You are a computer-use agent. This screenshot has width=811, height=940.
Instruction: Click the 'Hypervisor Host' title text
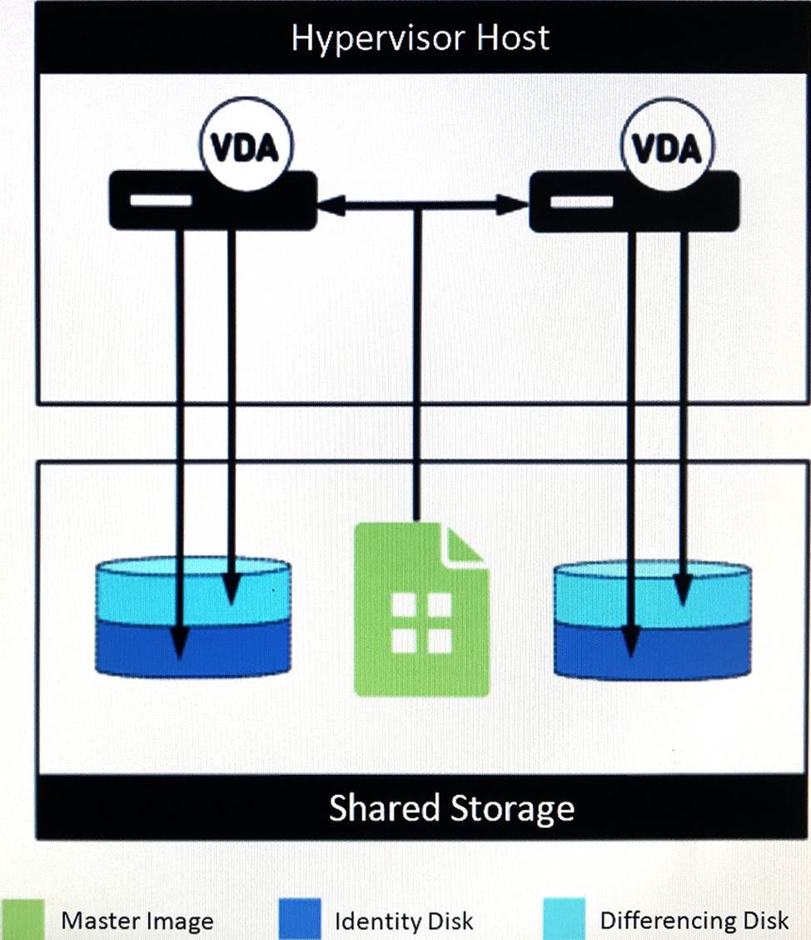[x=420, y=38]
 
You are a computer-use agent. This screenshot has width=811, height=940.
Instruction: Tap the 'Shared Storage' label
[x=452, y=808]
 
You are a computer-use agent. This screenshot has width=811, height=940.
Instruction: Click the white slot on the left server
[x=161, y=200]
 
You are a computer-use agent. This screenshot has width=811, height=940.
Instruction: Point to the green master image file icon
[x=420, y=617]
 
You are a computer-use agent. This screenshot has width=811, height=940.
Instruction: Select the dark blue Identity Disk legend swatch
[x=300, y=918]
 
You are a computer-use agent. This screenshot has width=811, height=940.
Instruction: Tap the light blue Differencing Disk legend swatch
[x=564, y=918]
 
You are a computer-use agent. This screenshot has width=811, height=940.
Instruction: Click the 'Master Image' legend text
[x=137, y=921]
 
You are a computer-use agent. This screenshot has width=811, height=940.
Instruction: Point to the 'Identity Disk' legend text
[x=404, y=921]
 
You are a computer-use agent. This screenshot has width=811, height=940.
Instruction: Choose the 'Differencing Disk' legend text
[x=694, y=920]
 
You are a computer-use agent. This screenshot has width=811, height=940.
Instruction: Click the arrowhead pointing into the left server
[x=330, y=205]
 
